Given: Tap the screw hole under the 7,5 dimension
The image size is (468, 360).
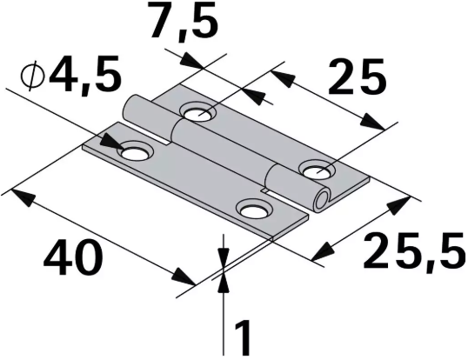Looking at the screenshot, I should (x=199, y=112).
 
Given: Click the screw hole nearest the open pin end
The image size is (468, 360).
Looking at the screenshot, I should (x=314, y=168).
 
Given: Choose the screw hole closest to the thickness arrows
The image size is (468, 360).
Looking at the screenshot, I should (x=254, y=210).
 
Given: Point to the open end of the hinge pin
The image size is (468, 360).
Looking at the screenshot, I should (x=324, y=201).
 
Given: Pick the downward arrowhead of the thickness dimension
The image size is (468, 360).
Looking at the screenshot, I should (x=224, y=254).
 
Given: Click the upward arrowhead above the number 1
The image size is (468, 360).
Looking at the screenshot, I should (x=224, y=280).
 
